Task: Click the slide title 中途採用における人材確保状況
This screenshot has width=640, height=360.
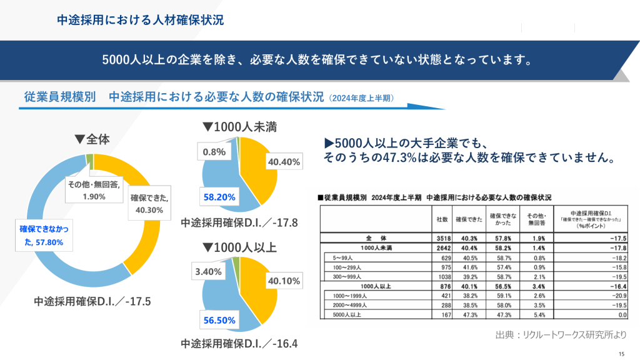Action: point(140,20)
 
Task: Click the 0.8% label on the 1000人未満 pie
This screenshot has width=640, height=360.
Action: point(214,151)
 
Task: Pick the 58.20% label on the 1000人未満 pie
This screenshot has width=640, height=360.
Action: point(219,196)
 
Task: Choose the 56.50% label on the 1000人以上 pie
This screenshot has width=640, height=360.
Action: point(219,320)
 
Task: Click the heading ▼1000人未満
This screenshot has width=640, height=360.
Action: point(239,126)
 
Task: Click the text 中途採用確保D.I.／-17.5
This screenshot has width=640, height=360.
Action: point(93,301)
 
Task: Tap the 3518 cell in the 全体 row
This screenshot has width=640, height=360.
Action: point(441,238)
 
